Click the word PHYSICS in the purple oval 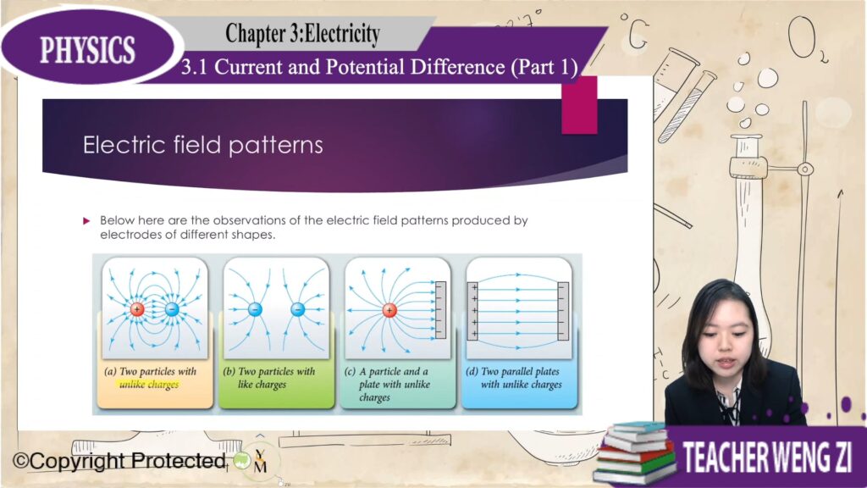[x=87, y=50]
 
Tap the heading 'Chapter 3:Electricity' [x=302, y=33]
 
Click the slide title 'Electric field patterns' [x=203, y=145]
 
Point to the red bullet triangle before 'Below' [x=86, y=221]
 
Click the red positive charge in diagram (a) [x=137, y=309]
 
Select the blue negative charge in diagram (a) [x=172, y=309]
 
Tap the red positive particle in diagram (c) [x=389, y=310]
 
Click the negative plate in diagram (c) [x=440, y=310]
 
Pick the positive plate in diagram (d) [x=473, y=311]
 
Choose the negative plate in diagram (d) [x=563, y=311]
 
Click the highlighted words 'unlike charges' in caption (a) [x=149, y=385]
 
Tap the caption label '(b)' [x=229, y=371]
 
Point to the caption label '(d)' [x=472, y=371]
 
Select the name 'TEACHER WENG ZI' [x=767, y=457]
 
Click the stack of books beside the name [x=636, y=452]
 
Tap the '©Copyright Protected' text [x=119, y=460]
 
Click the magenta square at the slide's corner [x=579, y=106]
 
